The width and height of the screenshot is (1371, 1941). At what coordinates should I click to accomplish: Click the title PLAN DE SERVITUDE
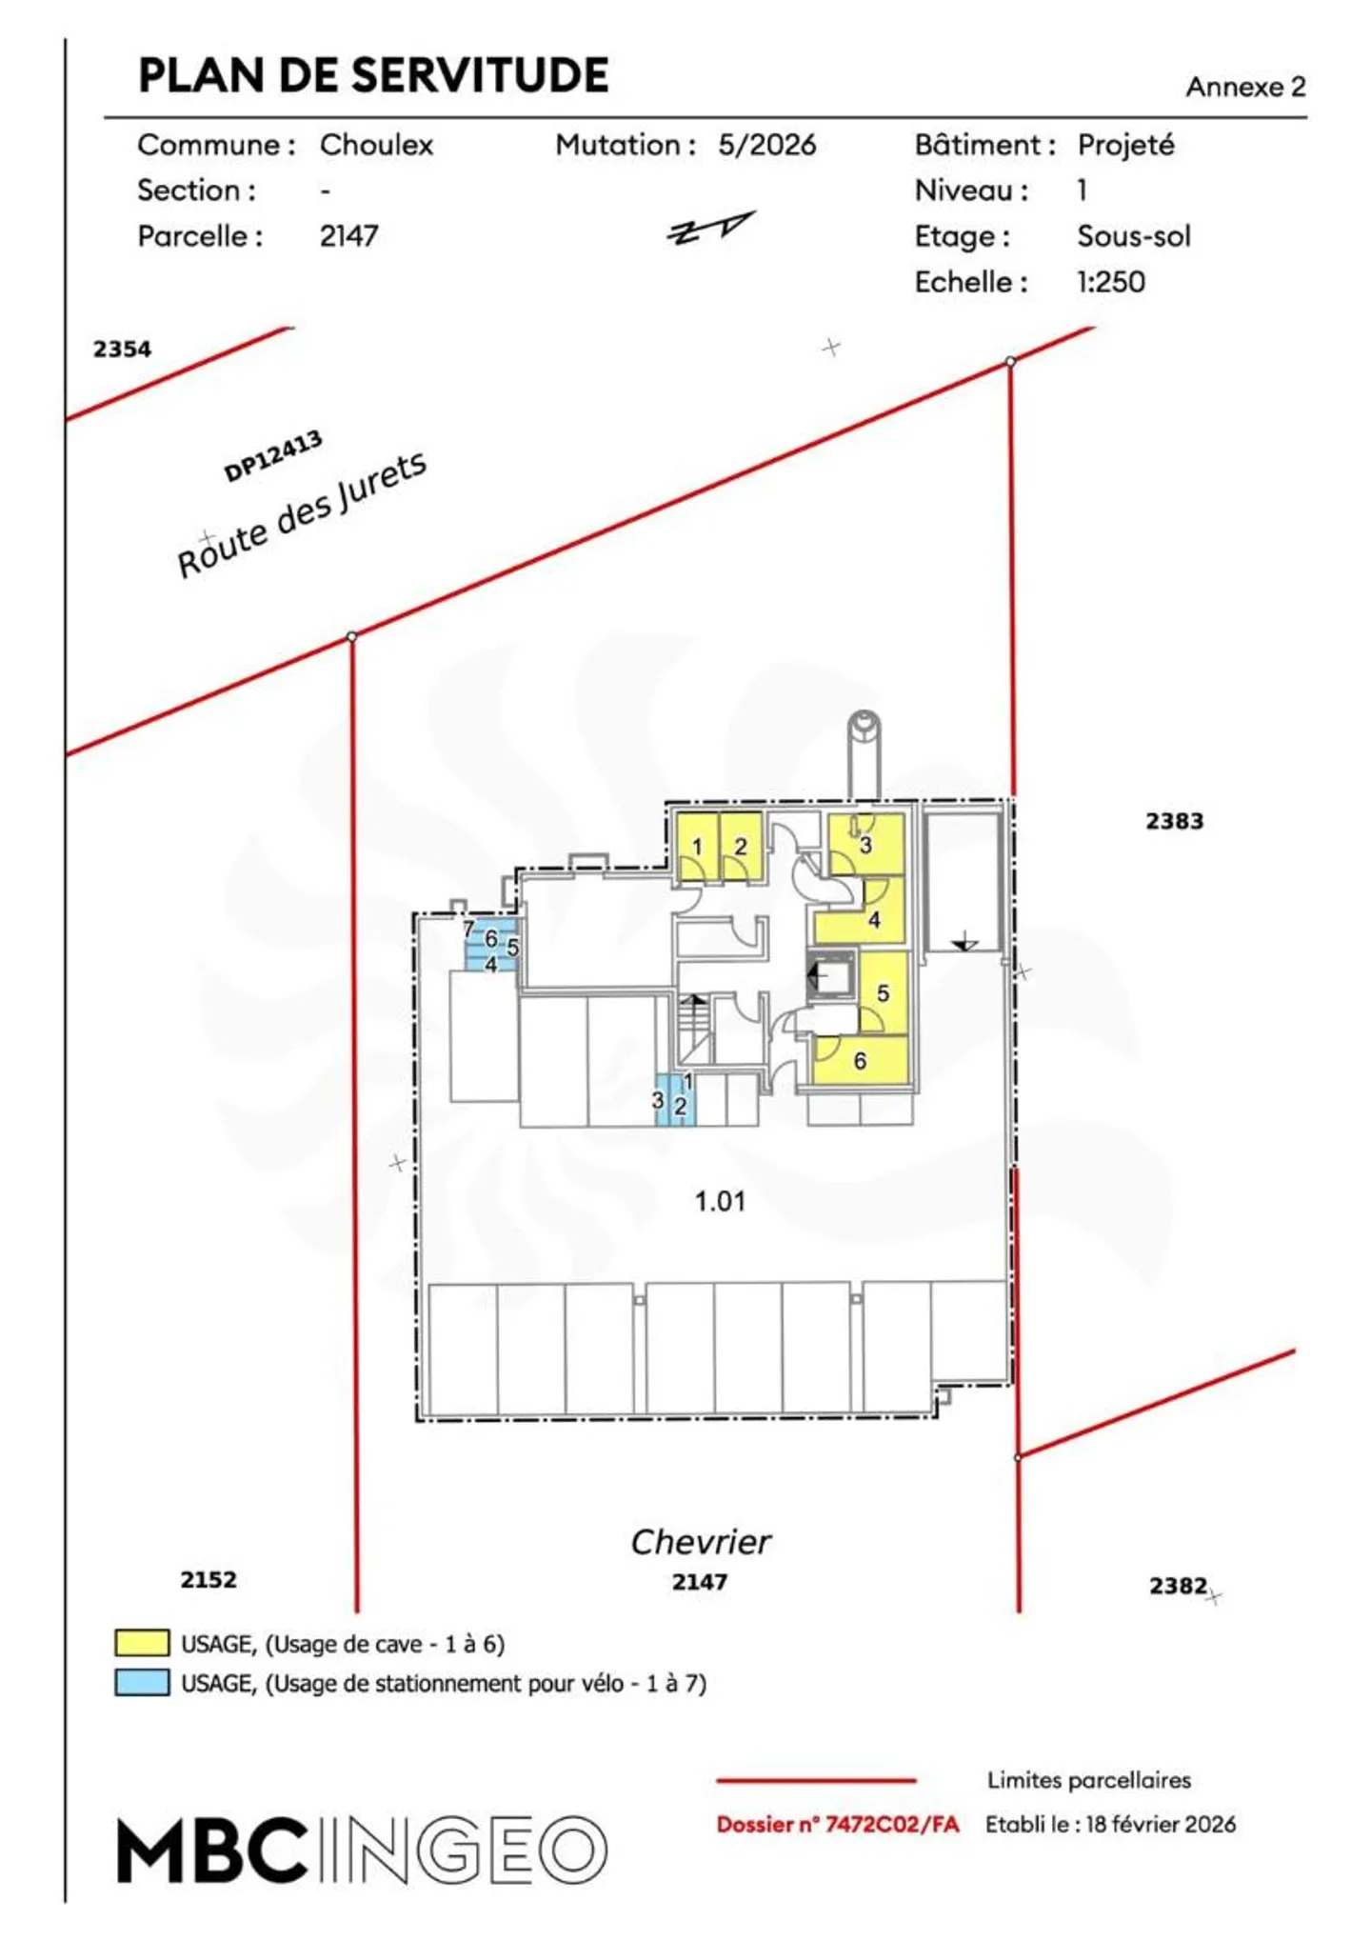click(x=372, y=76)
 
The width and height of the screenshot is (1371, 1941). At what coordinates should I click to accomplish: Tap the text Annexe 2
click(x=1244, y=88)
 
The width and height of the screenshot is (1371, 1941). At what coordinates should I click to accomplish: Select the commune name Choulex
click(x=376, y=145)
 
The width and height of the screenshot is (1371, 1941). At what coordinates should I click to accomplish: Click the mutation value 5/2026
click(x=766, y=145)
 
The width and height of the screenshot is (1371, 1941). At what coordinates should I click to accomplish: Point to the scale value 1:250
click(x=1110, y=282)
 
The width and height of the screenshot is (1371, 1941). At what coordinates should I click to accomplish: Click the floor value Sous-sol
click(x=1133, y=236)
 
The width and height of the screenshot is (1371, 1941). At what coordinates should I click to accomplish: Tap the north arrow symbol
click(x=710, y=229)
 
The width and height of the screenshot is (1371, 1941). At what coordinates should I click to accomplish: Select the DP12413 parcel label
click(x=272, y=456)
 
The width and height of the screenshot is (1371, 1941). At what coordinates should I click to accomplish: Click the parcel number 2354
click(x=122, y=350)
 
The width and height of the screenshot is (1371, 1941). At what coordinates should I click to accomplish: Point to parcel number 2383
click(x=1174, y=821)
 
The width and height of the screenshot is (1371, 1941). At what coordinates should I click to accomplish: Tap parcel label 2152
click(x=209, y=1579)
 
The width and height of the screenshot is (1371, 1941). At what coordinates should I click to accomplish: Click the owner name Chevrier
click(x=701, y=1542)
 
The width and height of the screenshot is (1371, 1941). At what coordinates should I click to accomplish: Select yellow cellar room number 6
click(x=860, y=1061)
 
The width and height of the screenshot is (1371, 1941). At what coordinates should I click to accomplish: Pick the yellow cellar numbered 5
click(x=883, y=993)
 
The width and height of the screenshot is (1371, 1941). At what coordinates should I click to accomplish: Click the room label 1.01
click(x=720, y=1202)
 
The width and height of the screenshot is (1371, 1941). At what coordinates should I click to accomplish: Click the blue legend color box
click(x=142, y=1683)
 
